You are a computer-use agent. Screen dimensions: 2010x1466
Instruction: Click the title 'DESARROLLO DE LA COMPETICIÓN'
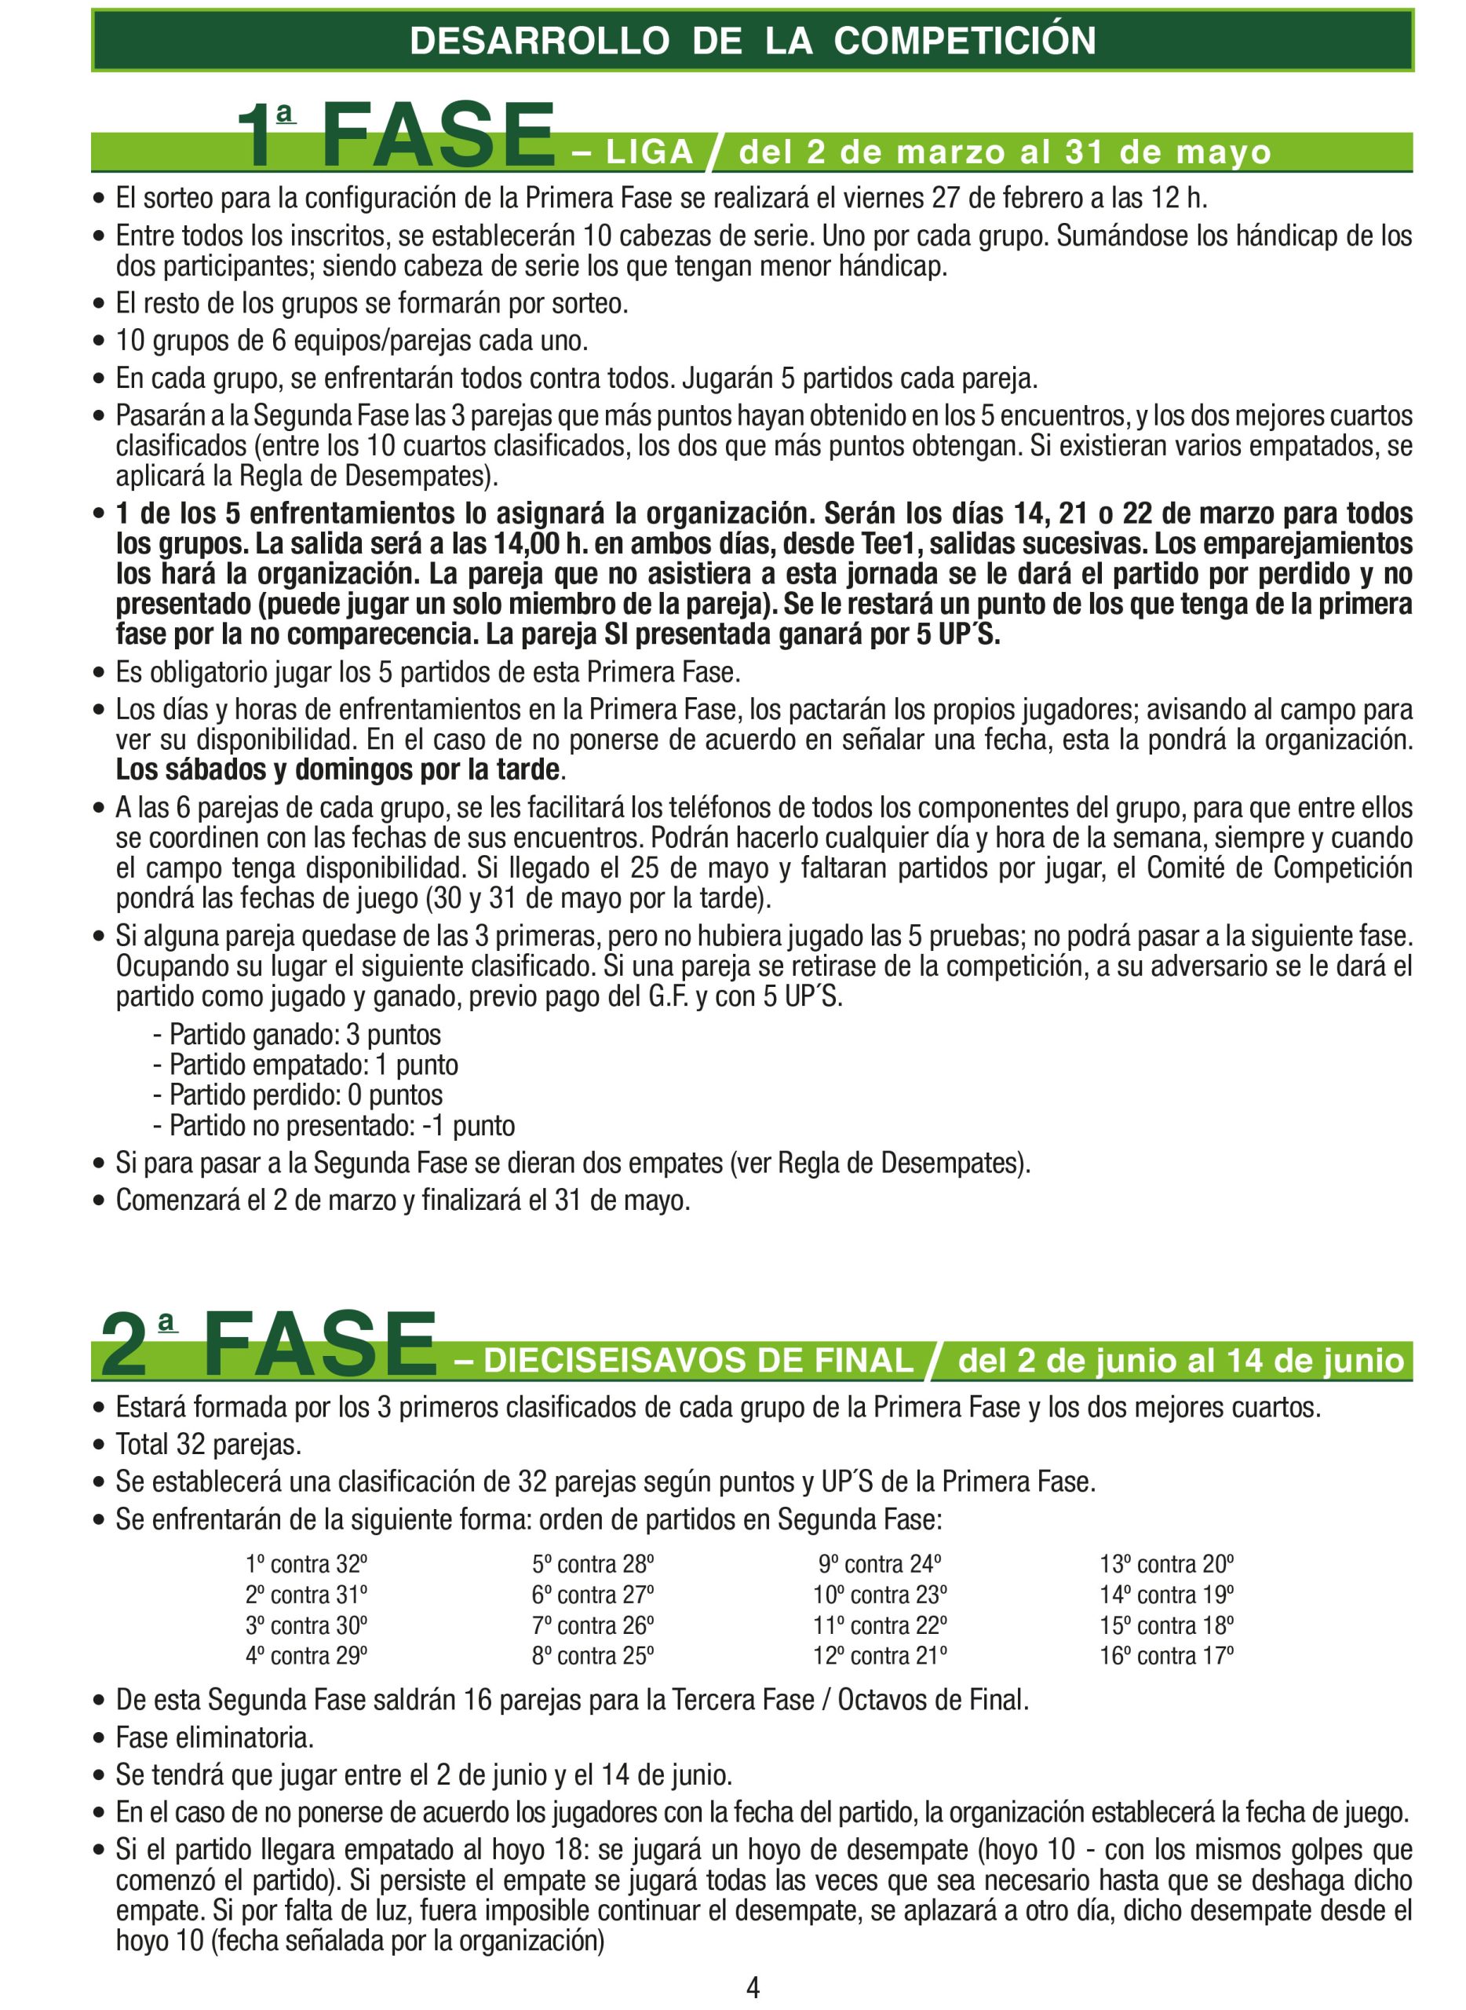click(x=753, y=41)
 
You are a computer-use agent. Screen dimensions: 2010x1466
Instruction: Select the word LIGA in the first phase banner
click(x=650, y=152)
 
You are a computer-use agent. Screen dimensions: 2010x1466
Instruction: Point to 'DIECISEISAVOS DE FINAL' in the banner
click(x=698, y=1361)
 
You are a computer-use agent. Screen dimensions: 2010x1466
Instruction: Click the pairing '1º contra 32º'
click(x=306, y=1564)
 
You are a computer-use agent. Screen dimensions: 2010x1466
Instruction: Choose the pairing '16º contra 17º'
click(x=1166, y=1656)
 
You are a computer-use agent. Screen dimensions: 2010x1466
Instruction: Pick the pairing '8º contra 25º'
click(x=593, y=1656)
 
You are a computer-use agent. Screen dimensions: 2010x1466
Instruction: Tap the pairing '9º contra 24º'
click(x=880, y=1564)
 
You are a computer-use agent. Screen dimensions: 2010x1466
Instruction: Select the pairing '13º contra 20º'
click(x=1166, y=1564)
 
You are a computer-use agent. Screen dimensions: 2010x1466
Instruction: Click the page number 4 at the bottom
click(x=753, y=1987)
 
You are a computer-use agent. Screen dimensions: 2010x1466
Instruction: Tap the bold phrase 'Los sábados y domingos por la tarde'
click(x=337, y=769)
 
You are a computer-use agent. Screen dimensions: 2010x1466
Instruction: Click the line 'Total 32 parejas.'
click(x=209, y=1445)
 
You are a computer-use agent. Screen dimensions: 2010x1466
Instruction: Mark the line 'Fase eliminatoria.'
click(x=215, y=1738)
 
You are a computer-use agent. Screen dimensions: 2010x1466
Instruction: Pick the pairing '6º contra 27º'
click(x=593, y=1595)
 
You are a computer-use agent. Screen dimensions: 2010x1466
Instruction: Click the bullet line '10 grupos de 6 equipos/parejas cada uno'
click(x=352, y=341)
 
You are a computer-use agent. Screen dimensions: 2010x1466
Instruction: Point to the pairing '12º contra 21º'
click(x=880, y=1656)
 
